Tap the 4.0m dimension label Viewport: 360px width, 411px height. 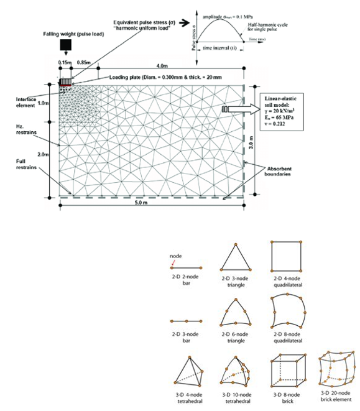164,65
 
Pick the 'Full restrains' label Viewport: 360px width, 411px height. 27,163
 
